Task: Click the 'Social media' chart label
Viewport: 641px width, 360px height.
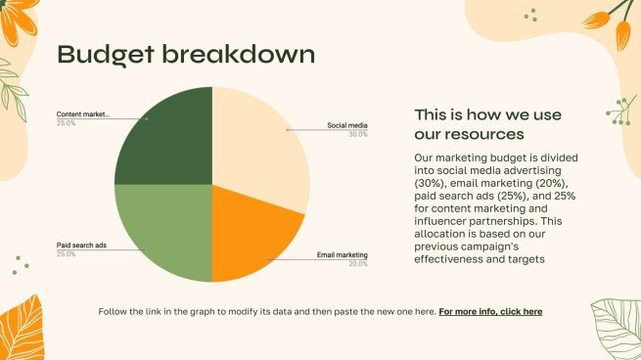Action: tap(347, 125)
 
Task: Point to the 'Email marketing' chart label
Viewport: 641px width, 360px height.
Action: tap(343, 255)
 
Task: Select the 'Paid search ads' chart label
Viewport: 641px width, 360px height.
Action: tap(81, 246)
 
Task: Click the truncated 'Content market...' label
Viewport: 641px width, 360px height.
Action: tap(83, 114)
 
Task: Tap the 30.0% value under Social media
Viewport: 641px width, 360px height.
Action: tap(358, 134)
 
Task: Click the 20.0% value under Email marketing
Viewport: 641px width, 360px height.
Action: tap(358, 264)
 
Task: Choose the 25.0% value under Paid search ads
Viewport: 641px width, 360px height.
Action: tap(66, 254)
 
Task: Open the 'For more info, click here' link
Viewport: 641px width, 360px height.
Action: tap(490, 312)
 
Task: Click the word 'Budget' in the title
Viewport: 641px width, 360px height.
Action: tap(106, 55)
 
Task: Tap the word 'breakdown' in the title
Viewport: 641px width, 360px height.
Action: tap(239, 54)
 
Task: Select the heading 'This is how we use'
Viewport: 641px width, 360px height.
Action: tap(487, 114)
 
